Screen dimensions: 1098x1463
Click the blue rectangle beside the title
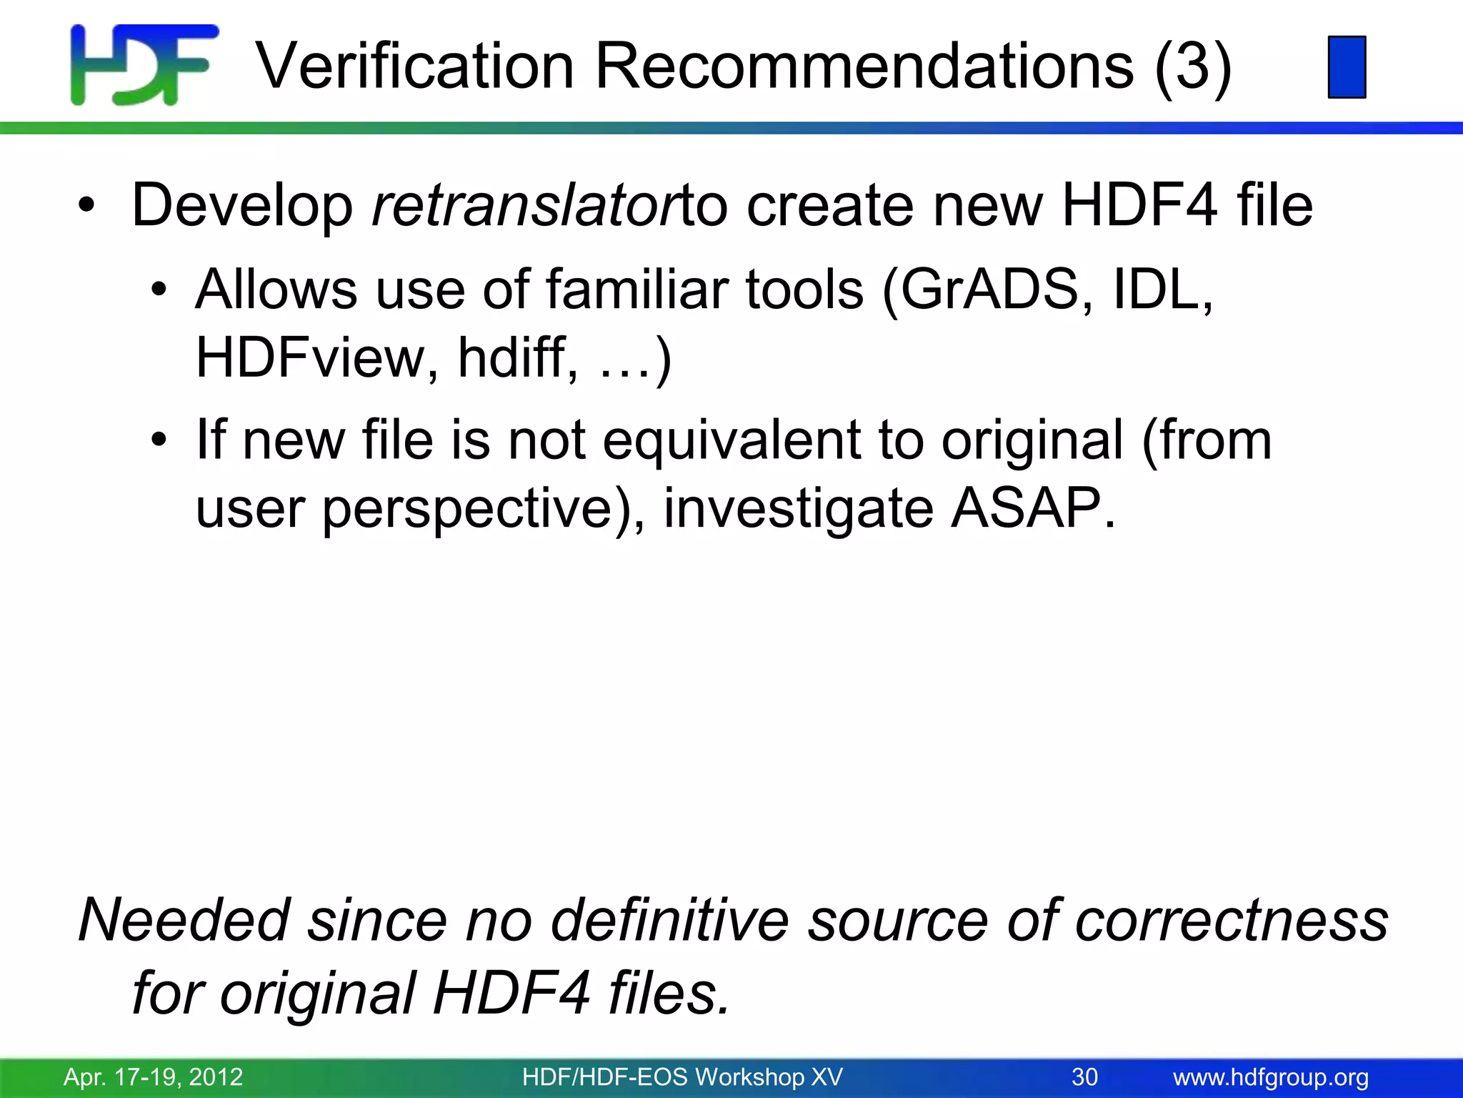[x=1347, y=66]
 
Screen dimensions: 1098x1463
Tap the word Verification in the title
[x=415, y=66]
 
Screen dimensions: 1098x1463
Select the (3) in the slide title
[x=1192, y=66]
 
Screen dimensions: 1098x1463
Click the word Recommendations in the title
[x=864, y=66]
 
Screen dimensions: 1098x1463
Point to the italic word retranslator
[x=525, y=205]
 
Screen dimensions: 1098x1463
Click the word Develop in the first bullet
[x=242, y=207]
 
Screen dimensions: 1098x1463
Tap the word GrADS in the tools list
[x=989, y=290]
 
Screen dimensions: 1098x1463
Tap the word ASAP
[x=1032, y=508]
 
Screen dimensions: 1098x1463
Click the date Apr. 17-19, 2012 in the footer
[x=154, y=1077]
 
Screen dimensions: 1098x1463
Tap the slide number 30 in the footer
[x=1084, y=1077]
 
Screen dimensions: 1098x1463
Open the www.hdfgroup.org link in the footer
[x=1271, y=1077]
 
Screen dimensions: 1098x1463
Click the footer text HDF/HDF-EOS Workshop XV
[x=682, y=1077]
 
